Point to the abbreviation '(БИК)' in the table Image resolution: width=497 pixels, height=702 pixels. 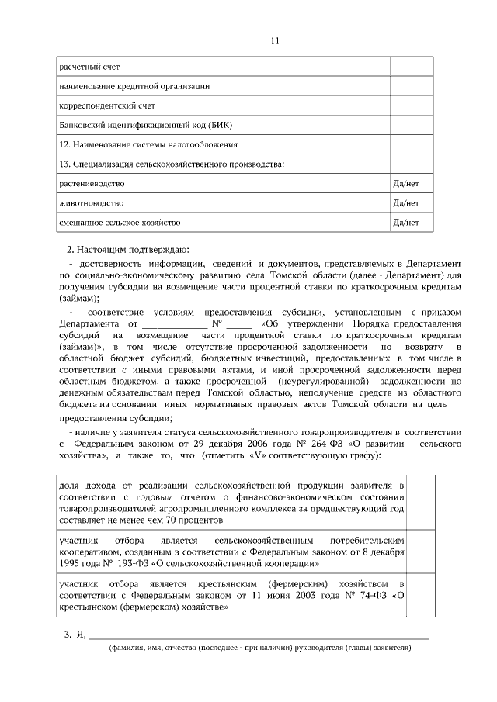[221, 125]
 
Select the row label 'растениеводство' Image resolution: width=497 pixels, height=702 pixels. [92, 184]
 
